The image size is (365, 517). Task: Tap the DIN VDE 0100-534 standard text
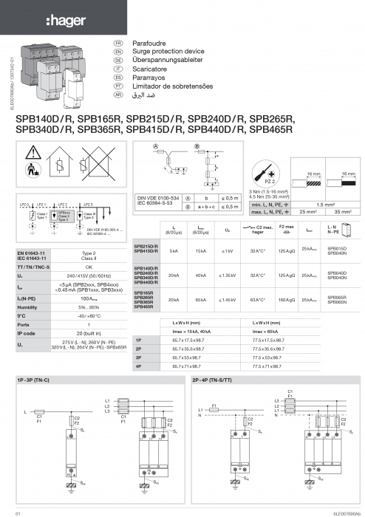[x=159, y=198]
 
